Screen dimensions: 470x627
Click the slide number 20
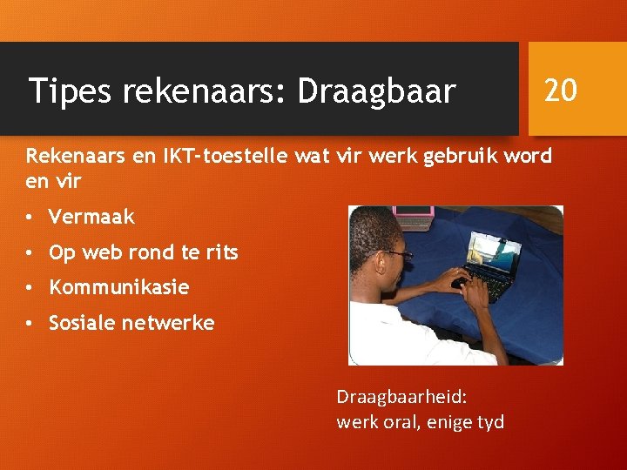click(561, 89)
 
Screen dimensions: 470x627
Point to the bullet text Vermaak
click(91, 217)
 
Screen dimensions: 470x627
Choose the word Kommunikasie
click(118, 287)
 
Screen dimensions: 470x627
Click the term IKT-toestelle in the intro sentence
click(224, 156)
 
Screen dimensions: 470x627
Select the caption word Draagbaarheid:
click(401, 397)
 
